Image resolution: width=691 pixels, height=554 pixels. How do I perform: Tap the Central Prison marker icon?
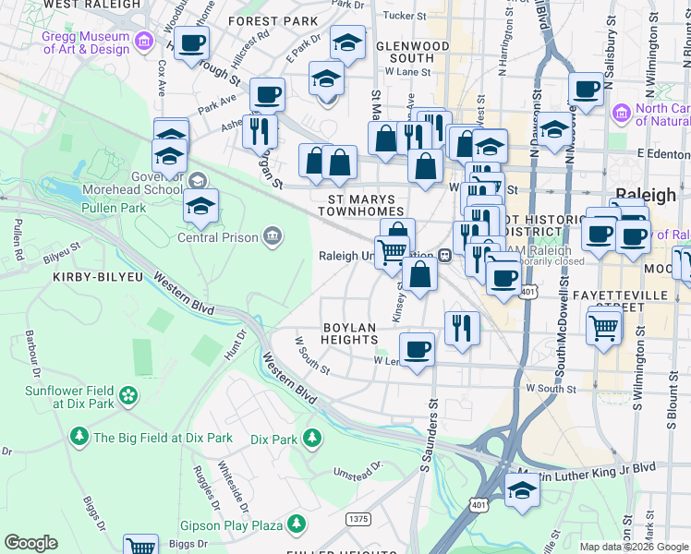click(x=272, y=236)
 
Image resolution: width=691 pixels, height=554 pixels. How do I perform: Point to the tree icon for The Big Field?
click(x=79, y=435)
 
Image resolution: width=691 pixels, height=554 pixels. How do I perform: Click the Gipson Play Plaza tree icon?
click(x=296, y=525)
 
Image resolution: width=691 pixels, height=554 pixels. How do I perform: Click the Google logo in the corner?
click(x=30, y=543)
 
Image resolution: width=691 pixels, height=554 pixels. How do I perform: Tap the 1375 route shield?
click(x=358, y=520)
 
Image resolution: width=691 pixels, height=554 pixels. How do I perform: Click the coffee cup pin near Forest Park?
click(x=191, y=42)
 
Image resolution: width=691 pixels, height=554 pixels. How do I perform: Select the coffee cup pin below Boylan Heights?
click(x=418, y=350)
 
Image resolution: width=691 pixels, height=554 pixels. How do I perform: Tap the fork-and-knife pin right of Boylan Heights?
click(x=461, y=327)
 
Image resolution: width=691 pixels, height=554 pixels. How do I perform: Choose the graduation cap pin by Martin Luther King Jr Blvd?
click(x=522, y=489)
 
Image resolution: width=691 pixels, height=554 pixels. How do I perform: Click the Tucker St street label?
click(x=405, y=16)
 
